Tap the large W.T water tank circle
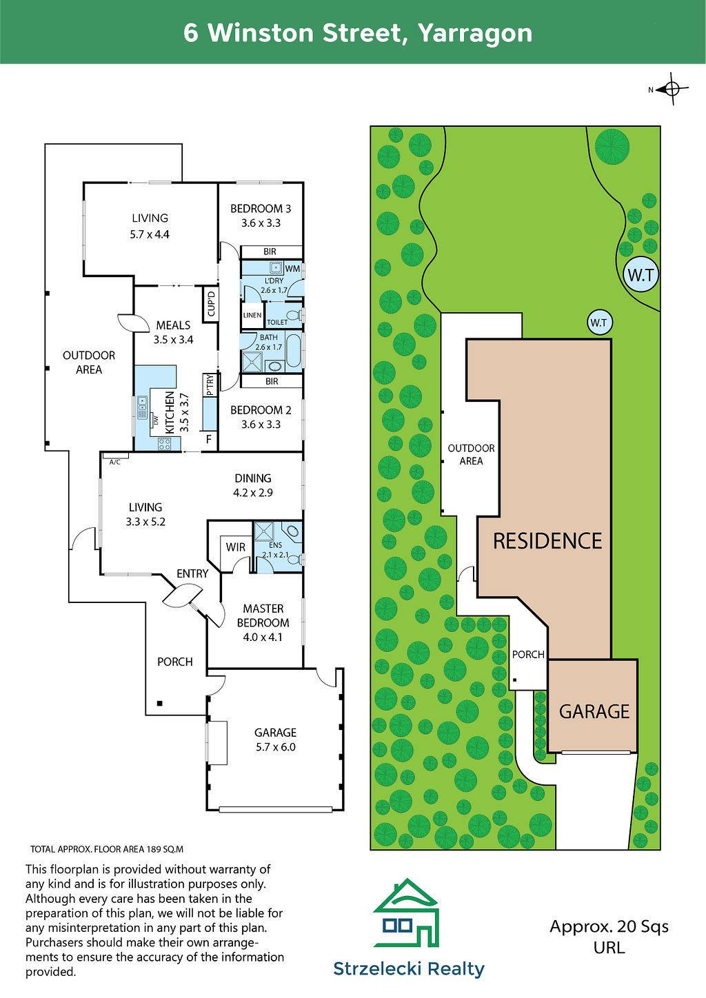(x=641, y=275)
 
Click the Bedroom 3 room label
(x=261, y=216)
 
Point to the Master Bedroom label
(x=263, y=622)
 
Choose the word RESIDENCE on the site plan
(x=547, y=540)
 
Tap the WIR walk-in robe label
(x=235, y=547)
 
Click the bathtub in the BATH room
(x=294, y=352)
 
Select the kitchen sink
(x=143, y=407)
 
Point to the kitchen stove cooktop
(x=165, y=443)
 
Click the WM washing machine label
(x=292, y=269)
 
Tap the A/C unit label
(x=115, y=462)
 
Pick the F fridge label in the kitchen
(x=209, y=439)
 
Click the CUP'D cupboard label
(x=211, y=303)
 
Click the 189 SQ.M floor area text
(x=165, y=849)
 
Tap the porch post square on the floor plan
(x=159, y=704)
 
